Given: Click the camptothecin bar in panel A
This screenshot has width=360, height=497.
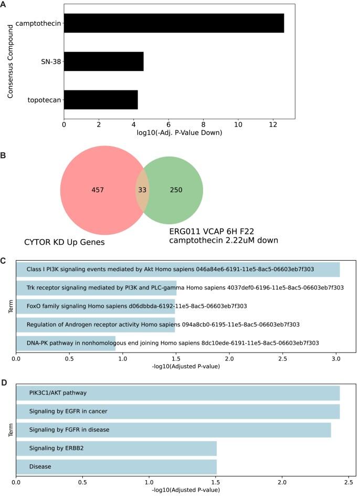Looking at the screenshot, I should coord(174,24).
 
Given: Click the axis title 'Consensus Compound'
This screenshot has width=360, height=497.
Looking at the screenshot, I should coord(10,61).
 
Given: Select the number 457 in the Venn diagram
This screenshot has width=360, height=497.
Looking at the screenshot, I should coord(98,190).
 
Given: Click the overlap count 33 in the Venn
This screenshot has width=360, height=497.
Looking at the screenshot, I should coord(142,190).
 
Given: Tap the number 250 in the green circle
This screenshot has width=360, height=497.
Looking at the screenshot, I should coord(176,190).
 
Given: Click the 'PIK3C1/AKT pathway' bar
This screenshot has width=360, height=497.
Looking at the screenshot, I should coord(178,392).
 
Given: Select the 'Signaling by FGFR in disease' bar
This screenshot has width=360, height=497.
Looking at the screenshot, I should coord(174,430).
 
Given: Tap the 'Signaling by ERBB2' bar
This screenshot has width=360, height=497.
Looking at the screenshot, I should coord(117,448).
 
